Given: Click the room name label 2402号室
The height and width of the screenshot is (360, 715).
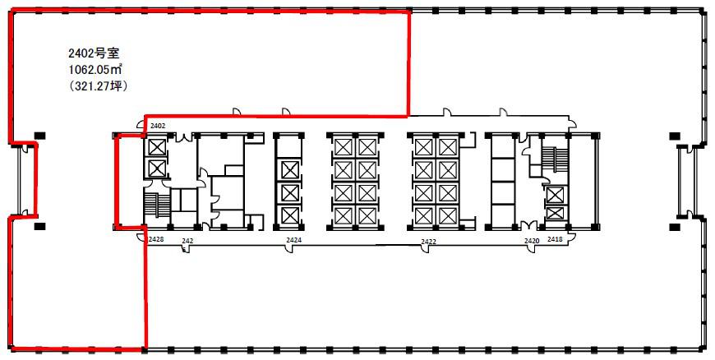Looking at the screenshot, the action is tap(94, 54).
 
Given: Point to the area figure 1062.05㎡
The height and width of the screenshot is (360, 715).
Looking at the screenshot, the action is tap(95, 70).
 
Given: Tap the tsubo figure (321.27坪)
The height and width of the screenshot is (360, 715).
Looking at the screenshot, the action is tap(97, 86).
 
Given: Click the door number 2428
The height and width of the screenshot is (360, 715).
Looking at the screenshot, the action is tap(156, 238).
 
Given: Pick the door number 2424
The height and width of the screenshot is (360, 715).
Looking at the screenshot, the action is tap(293, 239).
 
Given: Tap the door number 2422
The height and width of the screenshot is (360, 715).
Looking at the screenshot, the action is tap(429, 242).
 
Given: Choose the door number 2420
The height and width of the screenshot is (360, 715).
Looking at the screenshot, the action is tap(532, 241).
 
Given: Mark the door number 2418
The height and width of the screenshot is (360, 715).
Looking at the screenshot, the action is tap(555, 238).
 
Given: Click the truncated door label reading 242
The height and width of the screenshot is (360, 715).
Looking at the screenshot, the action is tap(187, 240).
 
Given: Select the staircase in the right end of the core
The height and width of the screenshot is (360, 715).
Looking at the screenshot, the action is tap(555, 160).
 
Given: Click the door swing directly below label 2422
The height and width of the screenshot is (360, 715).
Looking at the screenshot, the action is tap(425, 249).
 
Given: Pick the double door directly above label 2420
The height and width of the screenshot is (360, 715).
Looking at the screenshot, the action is tap(529, 225).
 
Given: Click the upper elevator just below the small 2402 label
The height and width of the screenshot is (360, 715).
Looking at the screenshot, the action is tap(156, 147).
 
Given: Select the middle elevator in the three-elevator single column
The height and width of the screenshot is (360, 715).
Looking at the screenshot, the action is tap(289, 192).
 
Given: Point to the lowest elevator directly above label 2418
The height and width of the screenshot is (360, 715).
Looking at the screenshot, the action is tap(555, 213).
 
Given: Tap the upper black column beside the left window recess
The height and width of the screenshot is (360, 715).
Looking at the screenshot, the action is tap(40, 135).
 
